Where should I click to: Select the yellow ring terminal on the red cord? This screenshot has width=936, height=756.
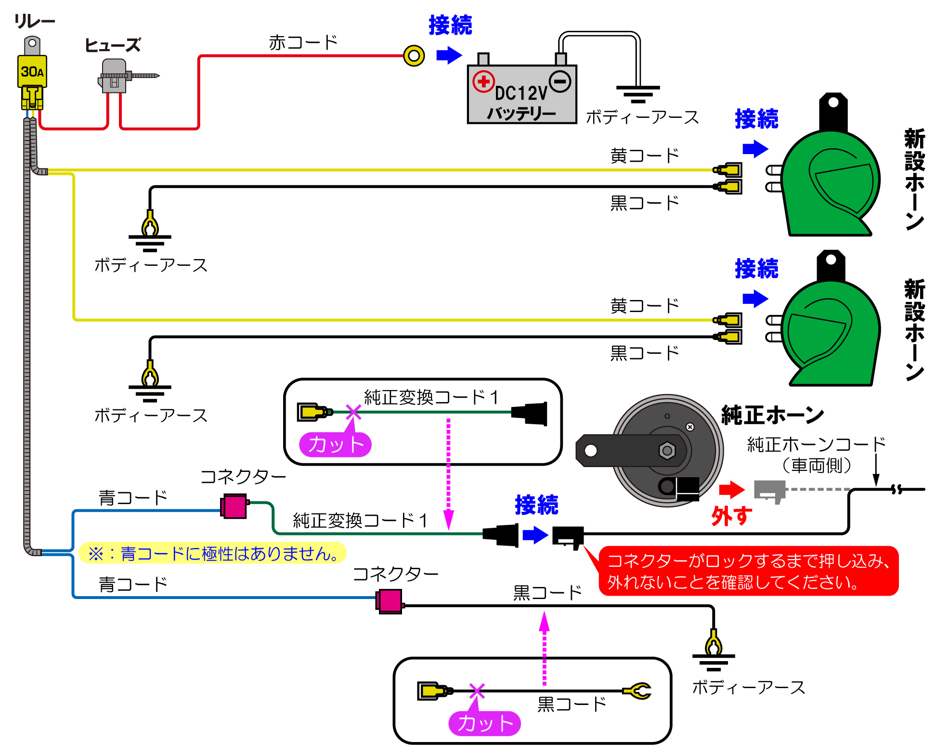pos(414,56)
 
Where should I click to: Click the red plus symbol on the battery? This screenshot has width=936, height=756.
pos(483,82)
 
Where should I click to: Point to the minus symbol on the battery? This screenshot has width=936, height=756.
pos(560,81)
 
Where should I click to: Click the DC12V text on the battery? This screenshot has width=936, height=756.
pos(521,93)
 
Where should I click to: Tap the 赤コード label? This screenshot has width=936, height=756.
pos(303,42)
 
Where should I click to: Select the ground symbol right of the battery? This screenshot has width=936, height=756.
pos(638,94)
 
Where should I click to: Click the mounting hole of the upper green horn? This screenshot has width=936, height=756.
pos(833,103)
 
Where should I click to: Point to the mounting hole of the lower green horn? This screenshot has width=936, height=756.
pos(831,260)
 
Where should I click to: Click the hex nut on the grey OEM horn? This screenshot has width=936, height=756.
pos(667,451)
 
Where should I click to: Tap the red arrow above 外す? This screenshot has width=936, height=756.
pos(731,490)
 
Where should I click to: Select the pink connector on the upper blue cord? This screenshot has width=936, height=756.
pos(234,506)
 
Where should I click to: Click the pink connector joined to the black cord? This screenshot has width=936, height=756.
pos(390,601)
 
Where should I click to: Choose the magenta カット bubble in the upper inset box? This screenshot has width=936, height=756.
pos(335,444)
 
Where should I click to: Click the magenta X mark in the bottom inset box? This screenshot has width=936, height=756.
pos(477,691)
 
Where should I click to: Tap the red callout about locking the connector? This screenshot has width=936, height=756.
pos(749,571)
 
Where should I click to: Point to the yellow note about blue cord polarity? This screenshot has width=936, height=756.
pos(212,553)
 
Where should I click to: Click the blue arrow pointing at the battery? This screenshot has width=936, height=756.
pos(449,55)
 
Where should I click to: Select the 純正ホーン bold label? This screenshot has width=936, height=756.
pos(772,415)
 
